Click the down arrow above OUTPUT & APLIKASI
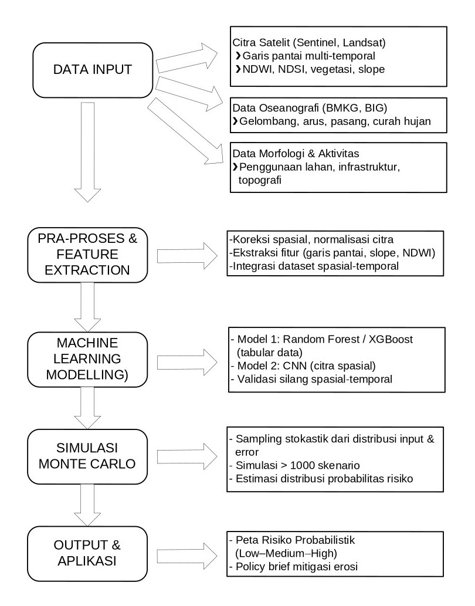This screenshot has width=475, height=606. (x=86, y=506)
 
